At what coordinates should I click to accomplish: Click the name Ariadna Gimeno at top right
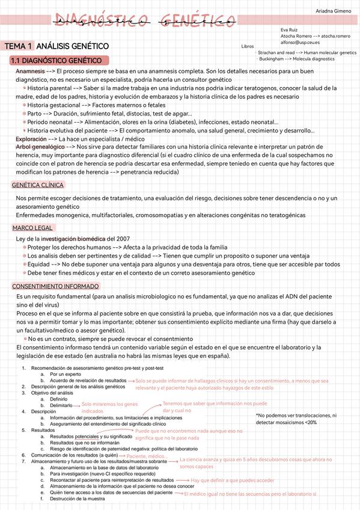tap(334, 11)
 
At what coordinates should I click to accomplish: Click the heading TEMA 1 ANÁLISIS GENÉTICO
tap(56, 46)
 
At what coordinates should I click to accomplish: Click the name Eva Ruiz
tap(289, 29)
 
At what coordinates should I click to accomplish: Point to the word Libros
tap(247, 46)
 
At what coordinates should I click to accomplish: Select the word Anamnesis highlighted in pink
tap(30, 71)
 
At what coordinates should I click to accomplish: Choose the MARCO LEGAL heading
tap(33, 227)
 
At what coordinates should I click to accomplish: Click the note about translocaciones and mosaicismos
tap(296, 419)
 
